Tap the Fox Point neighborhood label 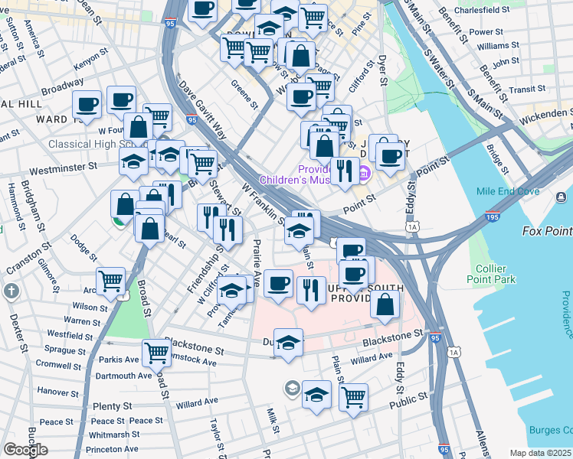[x=547, y=231]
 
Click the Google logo [x=25, y=450]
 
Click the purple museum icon [x=364, y=174]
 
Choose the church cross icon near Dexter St [x=11, y=291]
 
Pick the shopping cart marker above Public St [x=353, y=396]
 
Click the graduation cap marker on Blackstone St [x=288, y=343]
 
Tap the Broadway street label [x=63, y=88]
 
